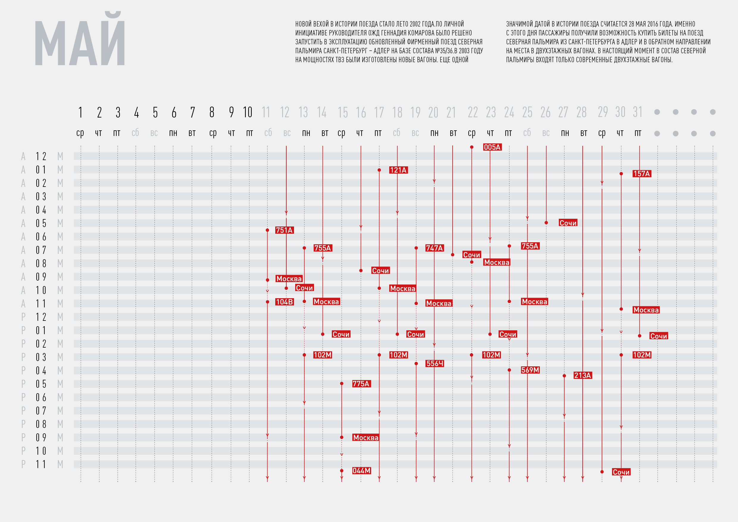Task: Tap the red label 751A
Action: click(284, 230)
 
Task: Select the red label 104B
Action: click(284, 302)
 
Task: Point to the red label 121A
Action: click(398, 170)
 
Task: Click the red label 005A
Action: click(492, 147)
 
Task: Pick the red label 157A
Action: click(642, 174)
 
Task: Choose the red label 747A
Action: click(434, 248)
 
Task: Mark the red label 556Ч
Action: click(434, 364)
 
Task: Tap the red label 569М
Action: click(530, 370)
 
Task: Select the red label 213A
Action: click(582, 375)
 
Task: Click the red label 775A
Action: click(361, 384)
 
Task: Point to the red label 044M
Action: click(361, 471)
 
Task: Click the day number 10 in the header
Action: click(248, 112)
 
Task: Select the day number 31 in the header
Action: click(638, 112)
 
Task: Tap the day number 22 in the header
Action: click(473, 112)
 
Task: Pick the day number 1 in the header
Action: click(80, 112)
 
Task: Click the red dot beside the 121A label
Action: click(379, 170)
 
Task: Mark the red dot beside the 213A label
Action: click(565, 376)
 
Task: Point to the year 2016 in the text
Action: click(653, 24)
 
